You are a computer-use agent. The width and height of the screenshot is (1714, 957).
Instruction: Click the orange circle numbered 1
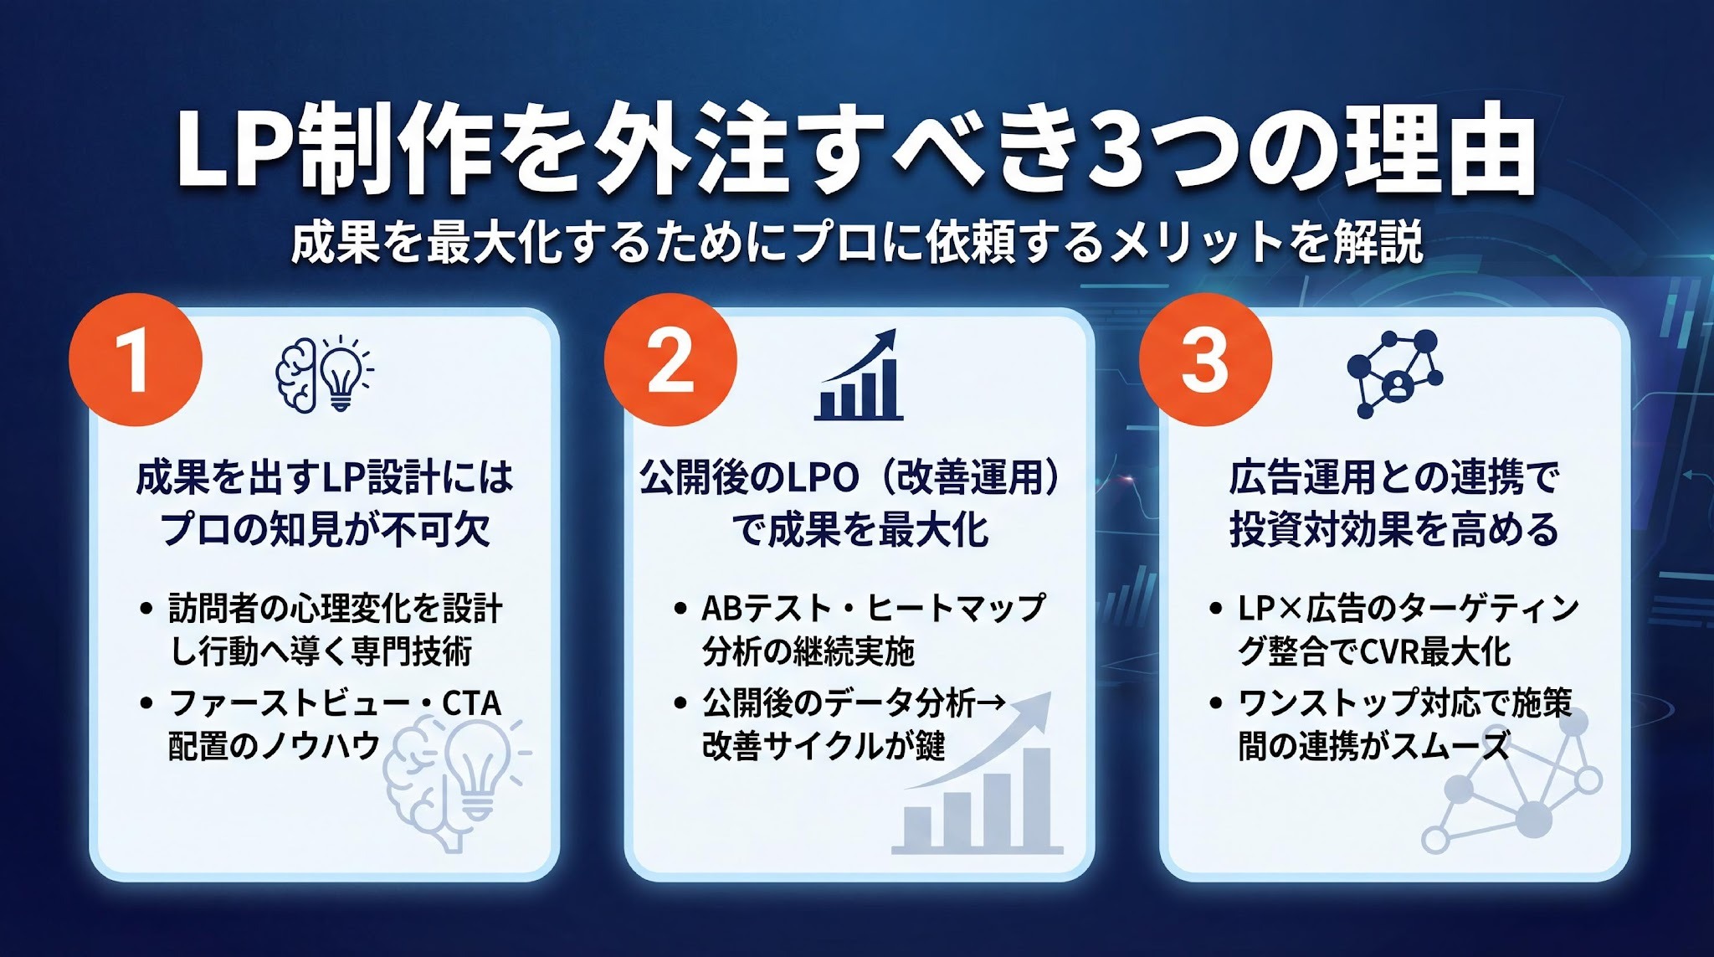click(x=136, y=360)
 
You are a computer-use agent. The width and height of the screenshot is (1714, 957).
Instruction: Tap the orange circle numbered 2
click(x=670, y=360)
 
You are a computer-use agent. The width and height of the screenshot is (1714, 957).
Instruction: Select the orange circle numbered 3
click(x=1205, y=360)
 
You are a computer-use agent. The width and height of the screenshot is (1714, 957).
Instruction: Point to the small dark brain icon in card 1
click(x=296, y=375)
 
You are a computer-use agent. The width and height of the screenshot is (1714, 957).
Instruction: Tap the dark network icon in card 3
click(x=1394, y=373)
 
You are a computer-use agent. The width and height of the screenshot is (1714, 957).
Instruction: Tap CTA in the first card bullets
click(x=471, y=703)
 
